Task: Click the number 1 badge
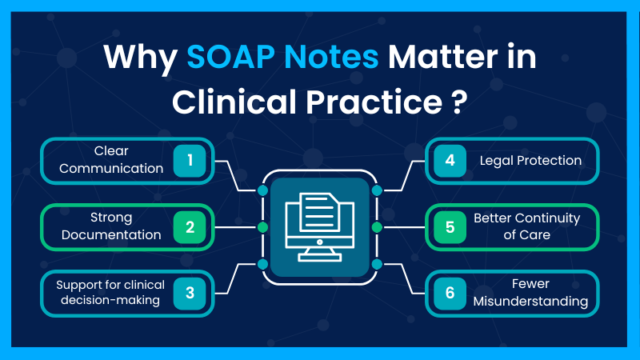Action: tap(190, 160)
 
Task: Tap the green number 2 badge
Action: tap(190, 226)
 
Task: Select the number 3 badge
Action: tap(190, 293)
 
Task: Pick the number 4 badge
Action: tap(450, 160)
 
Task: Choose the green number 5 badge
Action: tap(450, 226)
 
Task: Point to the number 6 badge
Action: tap(450, 293)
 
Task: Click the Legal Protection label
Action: tap(530, 160)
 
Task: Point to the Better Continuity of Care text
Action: tap(526, 226)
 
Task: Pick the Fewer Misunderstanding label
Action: tap(530, 293)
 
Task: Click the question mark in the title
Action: tap(459, 102)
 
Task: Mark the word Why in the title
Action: tap(141, 58)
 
